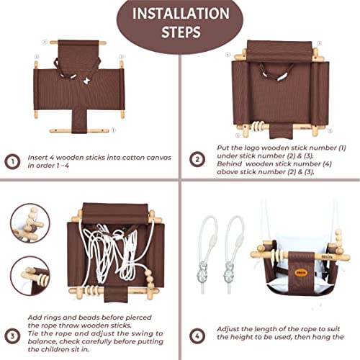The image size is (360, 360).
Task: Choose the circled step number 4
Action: click(197, 336)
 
